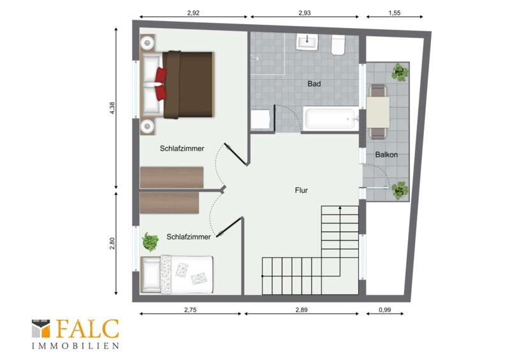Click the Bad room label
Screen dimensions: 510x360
coord(314,84)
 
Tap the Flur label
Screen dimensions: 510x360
coord(301,191)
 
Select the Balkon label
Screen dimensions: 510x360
coord(386,155)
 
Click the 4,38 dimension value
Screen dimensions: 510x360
coord(112,108)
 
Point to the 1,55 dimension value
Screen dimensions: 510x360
coord(394,13)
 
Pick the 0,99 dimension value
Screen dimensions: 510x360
coord(385,310)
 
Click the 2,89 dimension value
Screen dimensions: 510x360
coord(301,310)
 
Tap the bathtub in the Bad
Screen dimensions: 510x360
coord(330,119)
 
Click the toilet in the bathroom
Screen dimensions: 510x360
coord(339,45)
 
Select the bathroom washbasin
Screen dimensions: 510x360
coord(307,41)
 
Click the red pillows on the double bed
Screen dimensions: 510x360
coord(161,84)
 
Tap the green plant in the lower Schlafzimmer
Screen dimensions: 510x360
coord(150,241)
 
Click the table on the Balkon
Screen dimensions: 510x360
coord(378,113)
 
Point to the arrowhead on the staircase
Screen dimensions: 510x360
coord(340,207)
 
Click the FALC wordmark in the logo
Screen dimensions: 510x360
coord(88,328)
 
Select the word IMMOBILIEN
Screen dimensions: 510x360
coord(75,346)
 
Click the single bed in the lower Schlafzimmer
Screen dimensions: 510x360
coord(177,274)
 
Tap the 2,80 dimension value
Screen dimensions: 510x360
coord(112,243)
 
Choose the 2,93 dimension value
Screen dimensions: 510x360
coord(305,13)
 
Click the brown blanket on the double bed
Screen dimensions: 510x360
coord(188,85)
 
